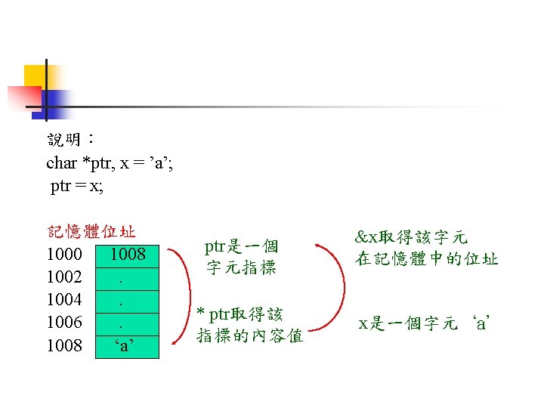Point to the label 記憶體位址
click(x=91, y=231)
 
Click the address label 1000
click(x=64, y=254)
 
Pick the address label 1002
click(x=64, y=277)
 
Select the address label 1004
click(x=64, y=300)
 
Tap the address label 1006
click(x=64, y=323)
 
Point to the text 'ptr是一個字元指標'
click(x=242, y=257)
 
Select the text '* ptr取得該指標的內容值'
click(x=249, y=325)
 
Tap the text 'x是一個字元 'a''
click(x=425, y=324)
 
